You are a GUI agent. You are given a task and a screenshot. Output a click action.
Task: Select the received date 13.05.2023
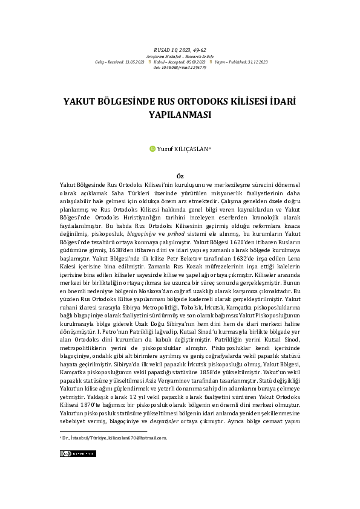click(x=135, y=62)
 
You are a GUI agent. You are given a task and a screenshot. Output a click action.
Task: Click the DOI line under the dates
click(x=180, y=68)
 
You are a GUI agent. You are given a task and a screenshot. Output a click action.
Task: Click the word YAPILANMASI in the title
click(x=180, y=113)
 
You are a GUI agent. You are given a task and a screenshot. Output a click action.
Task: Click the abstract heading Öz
click(x=180, y=175)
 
